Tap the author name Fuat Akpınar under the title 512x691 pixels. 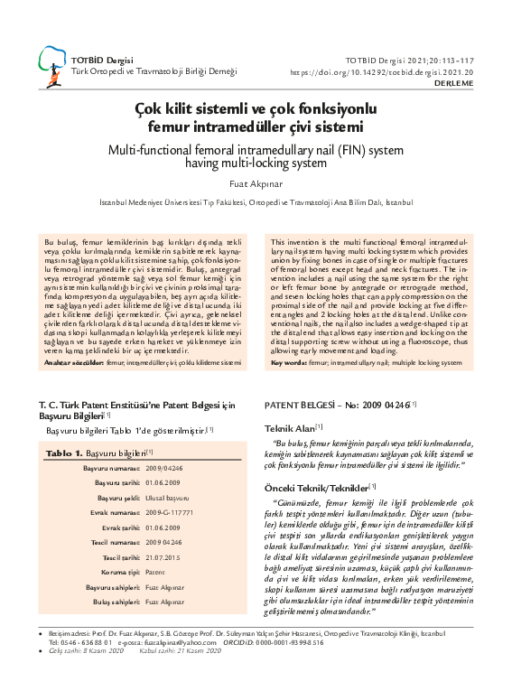coord(256,184)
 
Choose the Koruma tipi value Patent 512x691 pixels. coord(155,573)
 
